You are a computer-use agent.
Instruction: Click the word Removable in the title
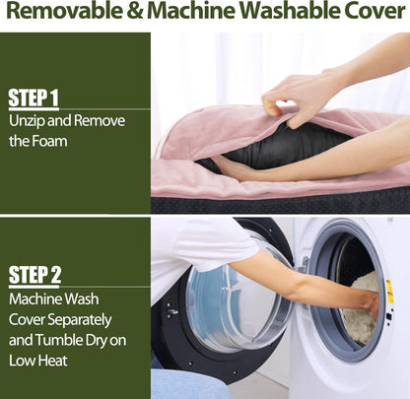(64, 10)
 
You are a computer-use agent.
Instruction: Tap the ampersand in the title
(135, 11)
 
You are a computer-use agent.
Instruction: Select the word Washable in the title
(288, 10)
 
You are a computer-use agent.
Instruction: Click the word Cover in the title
(373, 11)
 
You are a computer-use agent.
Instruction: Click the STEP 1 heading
(34, 98)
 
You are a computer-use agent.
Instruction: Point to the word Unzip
(27, 121)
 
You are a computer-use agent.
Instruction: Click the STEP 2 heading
(34, 274)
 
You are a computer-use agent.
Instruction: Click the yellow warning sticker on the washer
(389, 292)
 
